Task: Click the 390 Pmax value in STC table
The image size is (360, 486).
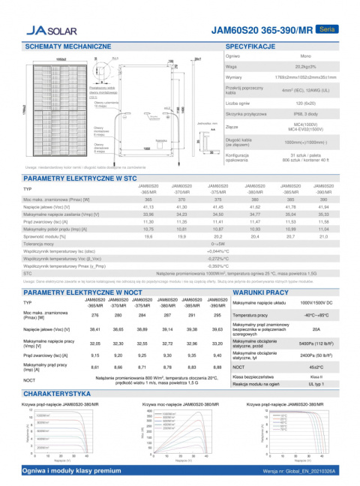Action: tap(323, 200)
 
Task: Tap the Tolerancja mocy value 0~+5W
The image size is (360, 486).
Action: tap(218, 244)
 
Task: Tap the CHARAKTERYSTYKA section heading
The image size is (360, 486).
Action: tap(58, 393)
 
